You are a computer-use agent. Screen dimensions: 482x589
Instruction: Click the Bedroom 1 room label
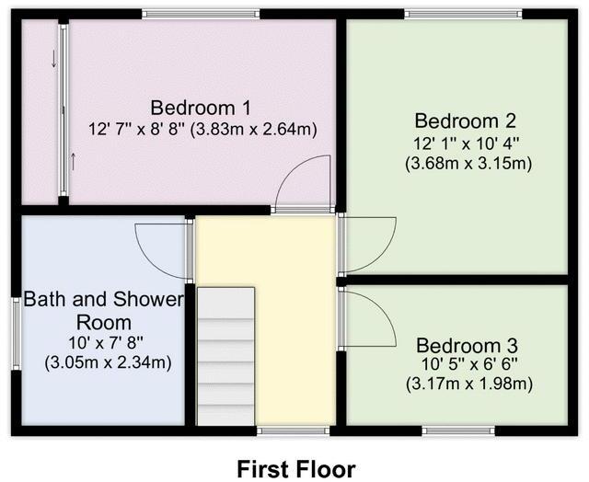point(201,106)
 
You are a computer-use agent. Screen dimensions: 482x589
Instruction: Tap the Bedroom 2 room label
point(464,120)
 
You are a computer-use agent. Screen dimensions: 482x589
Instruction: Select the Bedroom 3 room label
point(464,346)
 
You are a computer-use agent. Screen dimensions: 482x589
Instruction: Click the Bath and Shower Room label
point(104,311)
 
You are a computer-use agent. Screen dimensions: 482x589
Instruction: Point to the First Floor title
point(295,469)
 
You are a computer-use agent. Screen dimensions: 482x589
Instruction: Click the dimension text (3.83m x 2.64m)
point(253,130)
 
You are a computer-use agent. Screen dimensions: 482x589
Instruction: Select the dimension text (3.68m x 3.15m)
point(468,164)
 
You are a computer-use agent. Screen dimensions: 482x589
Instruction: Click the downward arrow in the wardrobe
point(53,59)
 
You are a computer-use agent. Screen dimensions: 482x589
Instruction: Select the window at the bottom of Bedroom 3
point(458,430)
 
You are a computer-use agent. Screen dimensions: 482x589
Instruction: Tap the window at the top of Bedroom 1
point(201,13)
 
